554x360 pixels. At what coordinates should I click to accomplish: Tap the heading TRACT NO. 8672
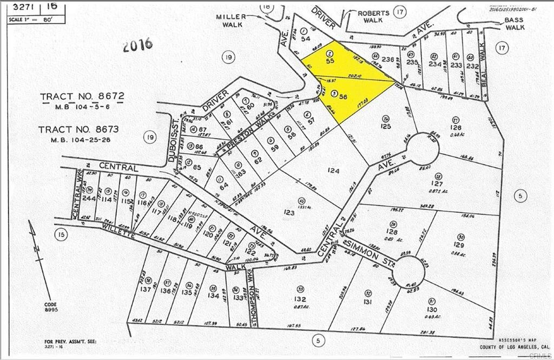click(82, 96)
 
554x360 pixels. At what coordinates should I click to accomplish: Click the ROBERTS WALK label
click(373, 16)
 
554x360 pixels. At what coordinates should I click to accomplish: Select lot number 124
click(333, 171)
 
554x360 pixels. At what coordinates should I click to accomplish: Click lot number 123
click(289, 212)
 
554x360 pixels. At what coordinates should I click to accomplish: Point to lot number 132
click(301, 299)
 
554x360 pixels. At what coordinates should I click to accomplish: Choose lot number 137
click(146, 290)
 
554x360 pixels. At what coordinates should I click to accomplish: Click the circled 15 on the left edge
click(62, 234)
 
